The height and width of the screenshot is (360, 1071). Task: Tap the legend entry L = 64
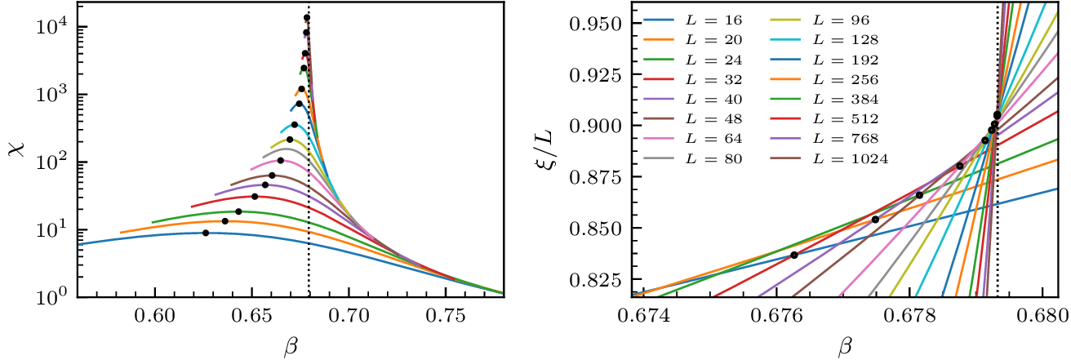pos(706,139)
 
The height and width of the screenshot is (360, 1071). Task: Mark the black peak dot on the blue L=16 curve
pos(206,233)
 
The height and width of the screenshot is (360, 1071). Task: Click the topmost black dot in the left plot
pos(307,18)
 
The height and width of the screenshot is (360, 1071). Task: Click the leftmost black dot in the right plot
pos(793,256)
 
